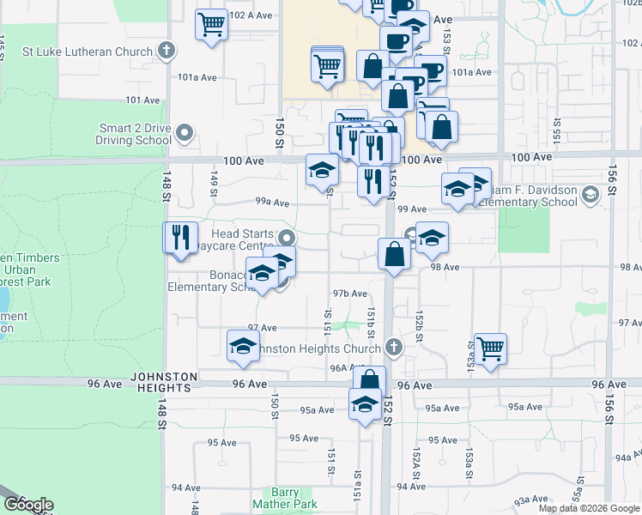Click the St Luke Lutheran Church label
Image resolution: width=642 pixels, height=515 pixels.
pyautogui.click(x=87, y=51)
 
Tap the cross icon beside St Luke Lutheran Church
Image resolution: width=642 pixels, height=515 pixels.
pyautogui.click(x=167, y=51)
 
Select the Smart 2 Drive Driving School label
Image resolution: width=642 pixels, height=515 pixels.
pyautogui.click(x=135, y=134)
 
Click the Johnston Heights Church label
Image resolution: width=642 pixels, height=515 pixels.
pyautogui.click(x=319, y=348)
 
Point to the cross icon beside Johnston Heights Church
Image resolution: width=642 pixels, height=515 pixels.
pyautogui.click(x=393, y=348)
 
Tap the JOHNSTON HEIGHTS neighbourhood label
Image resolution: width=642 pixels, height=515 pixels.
pyautogui.click(x=165, y=382)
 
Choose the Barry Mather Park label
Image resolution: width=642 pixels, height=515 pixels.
pyautogui.click(x=286, y=498)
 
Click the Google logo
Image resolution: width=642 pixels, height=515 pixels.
pyautogui.click(x=28, y=505)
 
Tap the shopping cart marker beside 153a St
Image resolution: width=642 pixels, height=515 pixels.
pyautogui.click(x=490, y=349)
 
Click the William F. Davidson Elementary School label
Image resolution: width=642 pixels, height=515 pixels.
pyautogui.click(x=525, y=197)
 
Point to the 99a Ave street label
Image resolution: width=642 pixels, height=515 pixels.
pyautogui.click(x=271, y=202)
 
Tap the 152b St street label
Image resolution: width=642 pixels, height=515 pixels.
pyautogui.click(x=420, y=325)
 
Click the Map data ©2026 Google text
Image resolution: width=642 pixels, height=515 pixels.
pyautogui.click(x=589, y=508)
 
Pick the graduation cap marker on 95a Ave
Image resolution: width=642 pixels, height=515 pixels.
pyautogui.click(x=366, y=404)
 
